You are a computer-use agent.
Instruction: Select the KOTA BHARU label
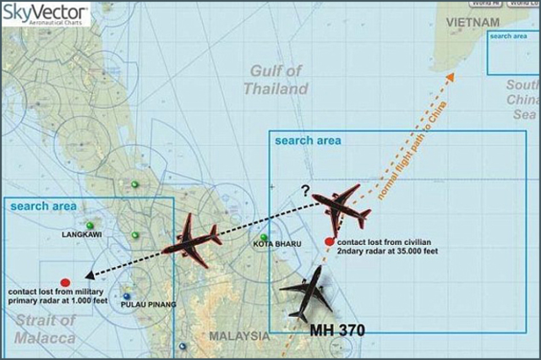tap(276, 244)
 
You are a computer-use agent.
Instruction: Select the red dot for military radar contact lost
tap(66, 281)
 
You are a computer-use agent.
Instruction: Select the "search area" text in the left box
tap(42, 206)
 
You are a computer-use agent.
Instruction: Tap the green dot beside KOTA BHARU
tap(264, 237)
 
